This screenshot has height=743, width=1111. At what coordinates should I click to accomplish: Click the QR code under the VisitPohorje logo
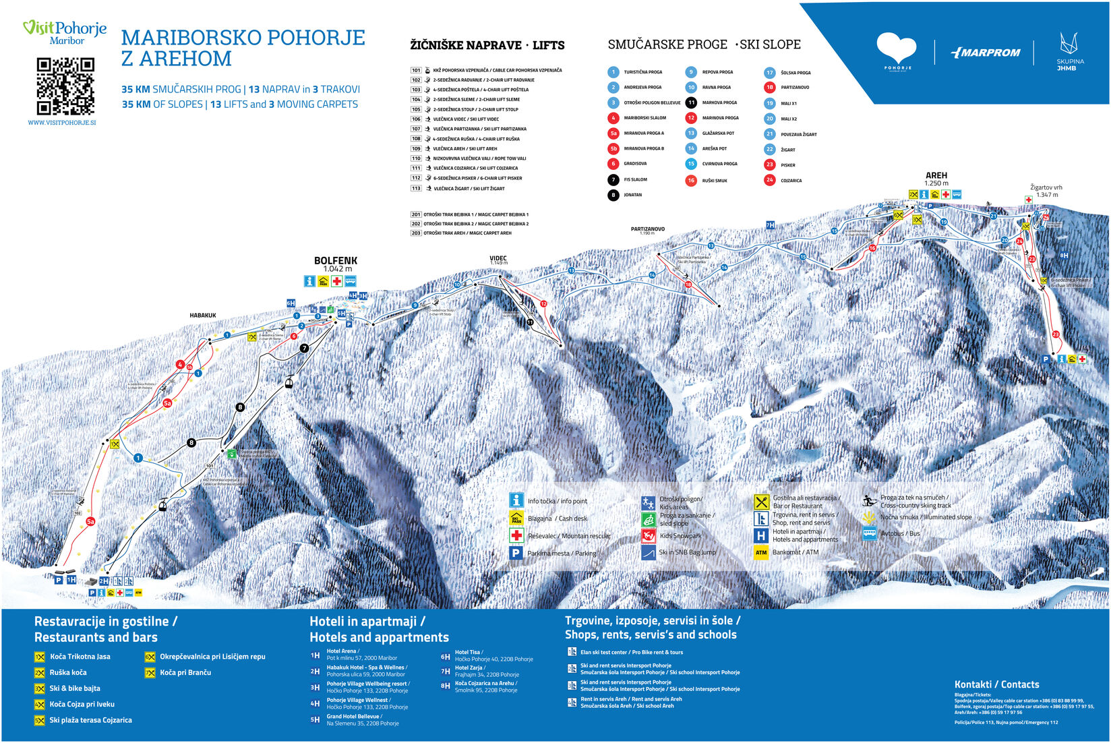point(65,86)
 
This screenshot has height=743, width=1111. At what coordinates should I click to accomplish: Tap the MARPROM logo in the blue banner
point(985,53)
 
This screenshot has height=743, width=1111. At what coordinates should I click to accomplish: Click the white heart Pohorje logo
point(897,49)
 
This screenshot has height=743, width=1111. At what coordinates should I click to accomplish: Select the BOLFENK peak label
point(336,261)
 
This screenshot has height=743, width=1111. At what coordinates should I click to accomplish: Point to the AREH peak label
point(936,175)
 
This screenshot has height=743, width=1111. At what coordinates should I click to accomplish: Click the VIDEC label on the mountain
point(498,258)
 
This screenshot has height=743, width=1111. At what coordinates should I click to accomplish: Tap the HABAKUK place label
point(203,316)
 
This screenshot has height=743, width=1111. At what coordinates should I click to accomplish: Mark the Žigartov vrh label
point(1046,187)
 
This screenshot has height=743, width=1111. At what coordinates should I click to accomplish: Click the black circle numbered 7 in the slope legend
point(613,180)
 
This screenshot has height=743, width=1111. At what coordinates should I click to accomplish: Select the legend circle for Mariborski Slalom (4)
point(613,118)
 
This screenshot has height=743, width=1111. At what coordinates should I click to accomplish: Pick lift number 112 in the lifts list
point(416,178)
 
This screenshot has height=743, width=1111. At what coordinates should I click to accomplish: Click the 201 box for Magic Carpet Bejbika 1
point(416,214)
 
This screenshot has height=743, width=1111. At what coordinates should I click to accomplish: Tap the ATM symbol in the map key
point(760,552)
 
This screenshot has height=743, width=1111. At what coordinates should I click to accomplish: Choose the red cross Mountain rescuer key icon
point(516,536)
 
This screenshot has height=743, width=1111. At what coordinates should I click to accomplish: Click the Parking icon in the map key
point(516,553)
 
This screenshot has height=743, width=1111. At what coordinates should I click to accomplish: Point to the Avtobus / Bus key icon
point(870,533)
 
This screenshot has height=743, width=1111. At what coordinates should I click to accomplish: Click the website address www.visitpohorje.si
point(62,123)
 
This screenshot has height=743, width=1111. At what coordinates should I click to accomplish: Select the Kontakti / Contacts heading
point(996,684)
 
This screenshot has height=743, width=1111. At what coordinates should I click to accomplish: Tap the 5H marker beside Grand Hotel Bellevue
point(315,719)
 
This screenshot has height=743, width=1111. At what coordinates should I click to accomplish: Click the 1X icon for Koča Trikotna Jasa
point(40,657)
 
